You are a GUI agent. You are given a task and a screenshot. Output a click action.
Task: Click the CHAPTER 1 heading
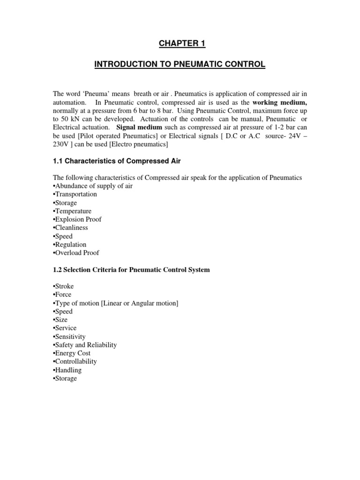point(180,44)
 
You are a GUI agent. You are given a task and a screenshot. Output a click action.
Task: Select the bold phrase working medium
point(279,103)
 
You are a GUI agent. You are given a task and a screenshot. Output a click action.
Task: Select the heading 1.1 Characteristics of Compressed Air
point(117,161)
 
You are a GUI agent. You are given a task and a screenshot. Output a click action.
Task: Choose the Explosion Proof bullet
point(77,219)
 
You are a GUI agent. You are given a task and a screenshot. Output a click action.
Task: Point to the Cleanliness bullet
point(71,228)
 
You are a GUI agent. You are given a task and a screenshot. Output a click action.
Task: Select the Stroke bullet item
point(64,286)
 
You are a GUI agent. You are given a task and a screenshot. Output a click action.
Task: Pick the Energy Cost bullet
point(72,353)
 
